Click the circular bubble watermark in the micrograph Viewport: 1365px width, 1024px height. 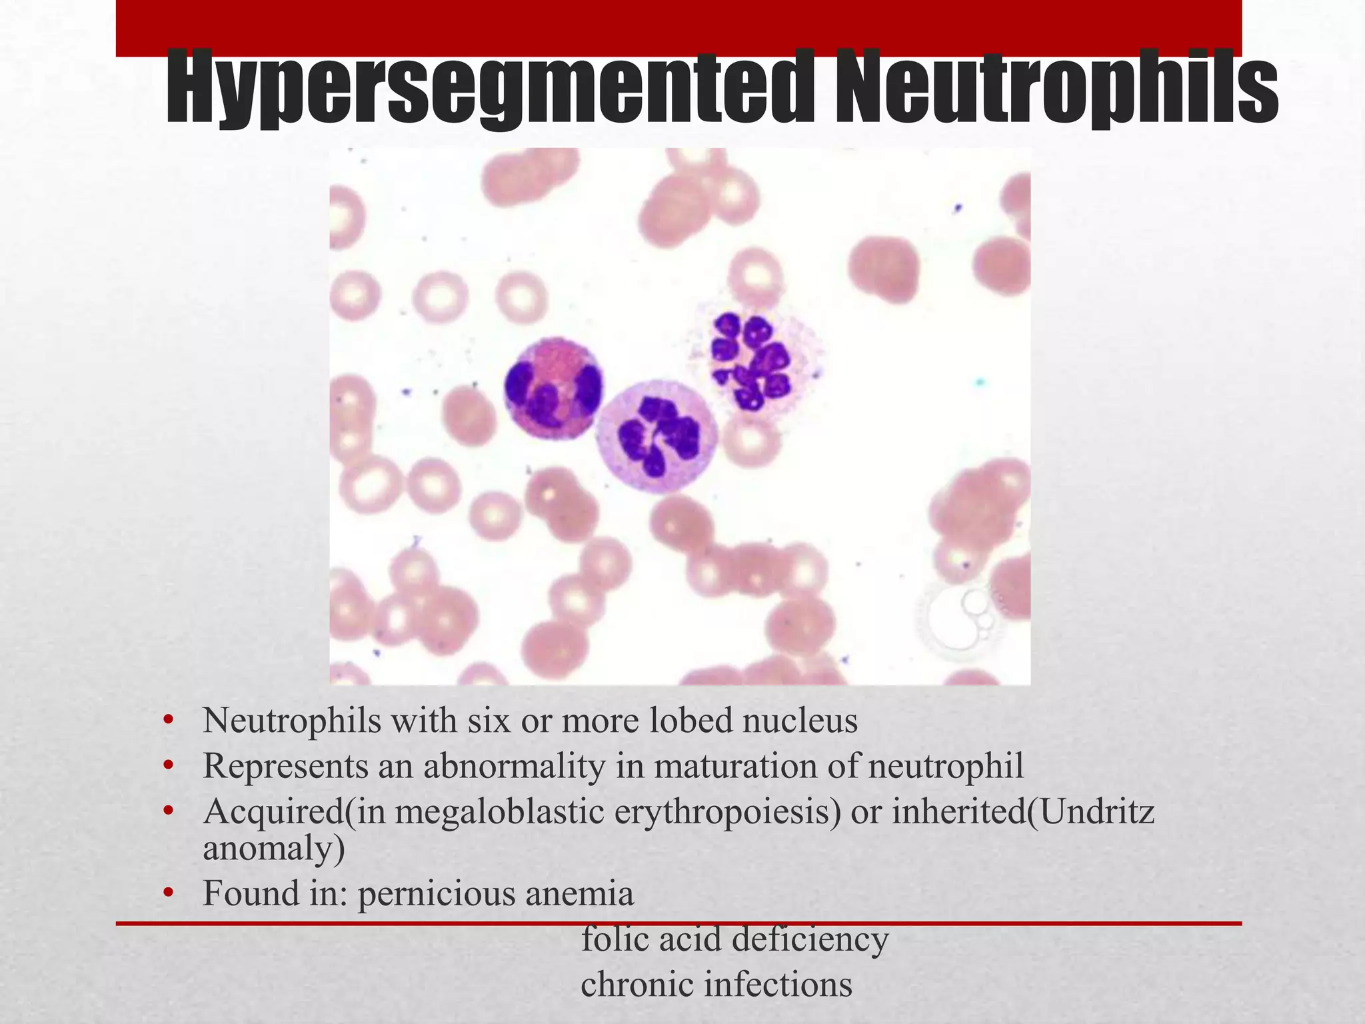coord(960,617)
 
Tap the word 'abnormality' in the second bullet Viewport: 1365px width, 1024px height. coord(513,766)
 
